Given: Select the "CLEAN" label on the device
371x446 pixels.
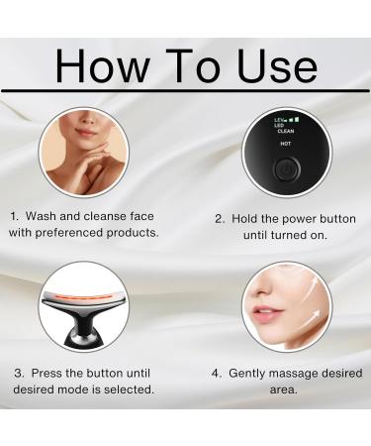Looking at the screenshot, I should click(285, 130).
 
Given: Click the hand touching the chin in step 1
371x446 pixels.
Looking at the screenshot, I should click(95, 159).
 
